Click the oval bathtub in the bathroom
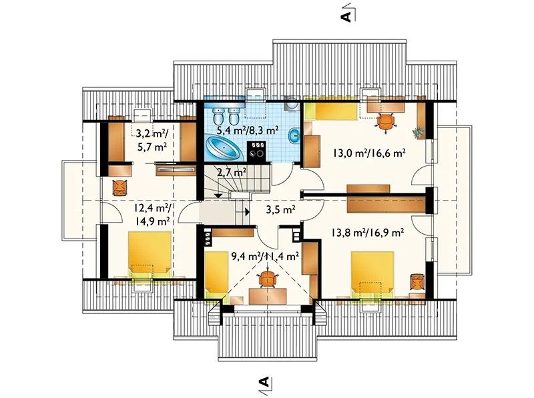click(x=224, y=148)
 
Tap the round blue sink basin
click(x=294, y=136)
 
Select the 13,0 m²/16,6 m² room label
click(x=369, y=153)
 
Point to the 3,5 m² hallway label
click(x=280, y=210)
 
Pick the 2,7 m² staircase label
click(x=232, y=173)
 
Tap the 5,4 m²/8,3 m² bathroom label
click(x=248, y=129)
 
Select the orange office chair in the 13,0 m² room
click(x=386, y=122)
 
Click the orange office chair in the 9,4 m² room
click(x=269, y=278)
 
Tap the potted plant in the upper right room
click(x=417, y=132)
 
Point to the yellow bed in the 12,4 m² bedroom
click(x=150, y=255)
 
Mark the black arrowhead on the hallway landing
click(x=247, y=211)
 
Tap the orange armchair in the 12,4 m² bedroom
click(x=119, y=187)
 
